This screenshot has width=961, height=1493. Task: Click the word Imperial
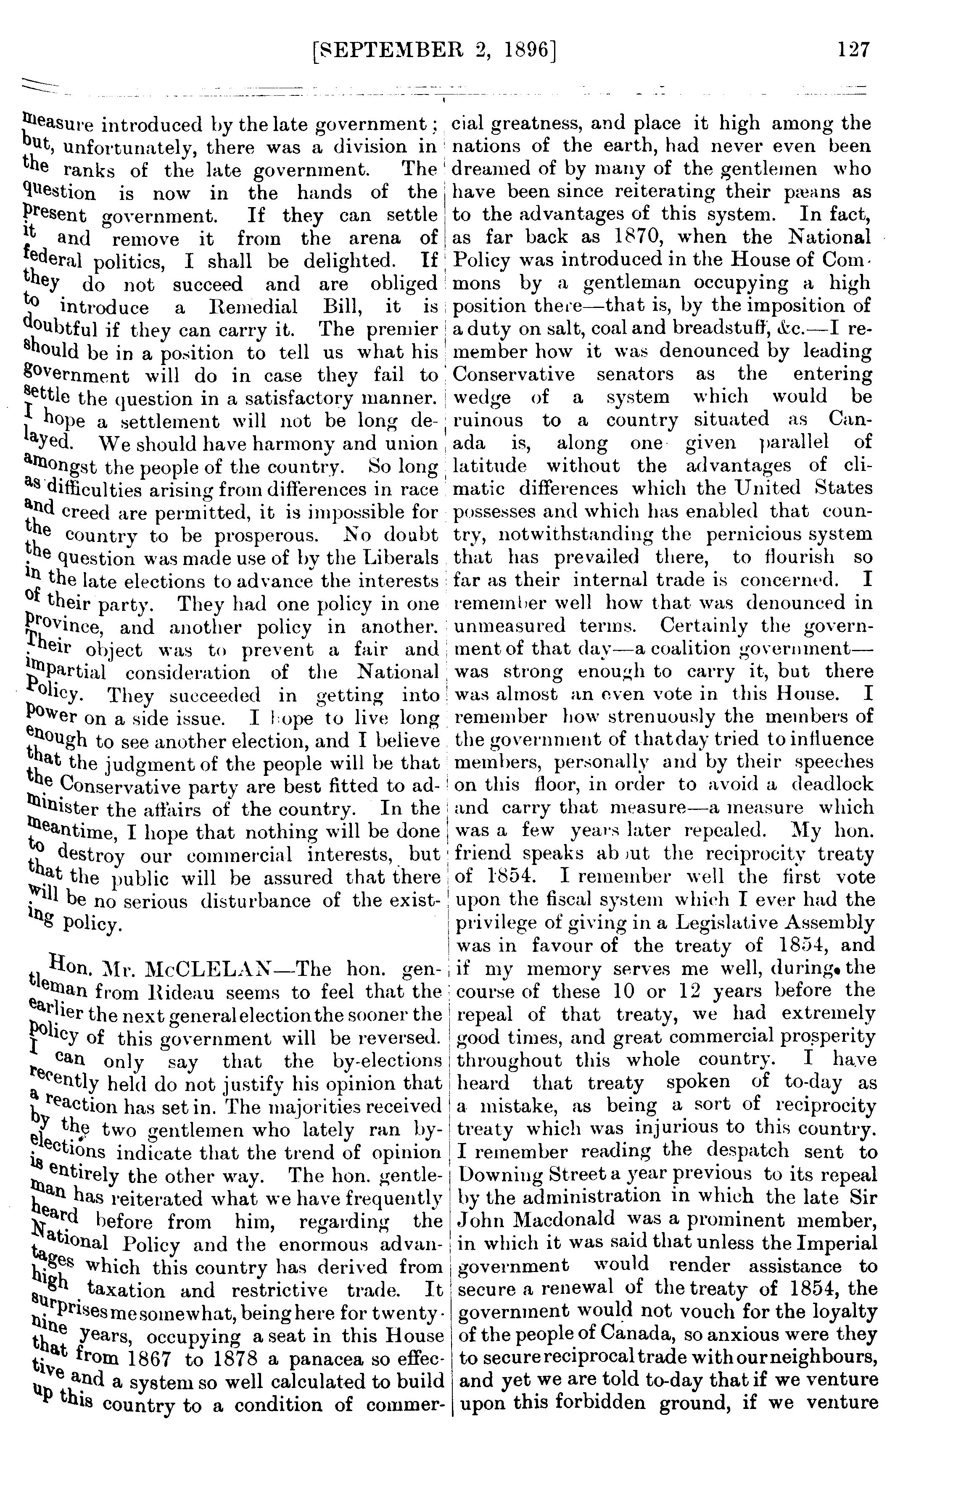[840, 1242]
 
